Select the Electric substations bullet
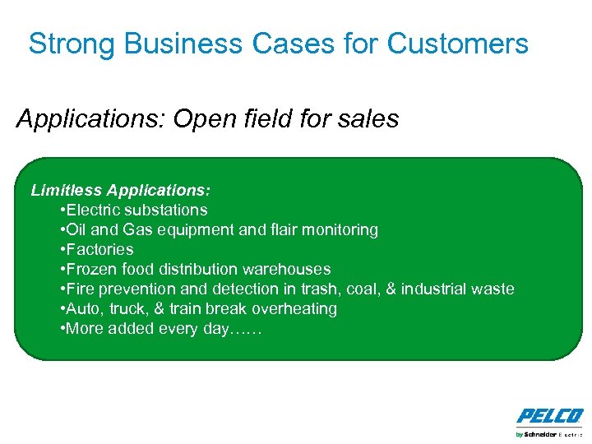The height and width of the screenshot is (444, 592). [x=134, y=210]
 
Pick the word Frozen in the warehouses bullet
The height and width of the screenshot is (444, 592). [x=94, y=270]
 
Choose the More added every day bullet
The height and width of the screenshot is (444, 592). [x=161, y=329]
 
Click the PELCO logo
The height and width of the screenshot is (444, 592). [x=549, y=415]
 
